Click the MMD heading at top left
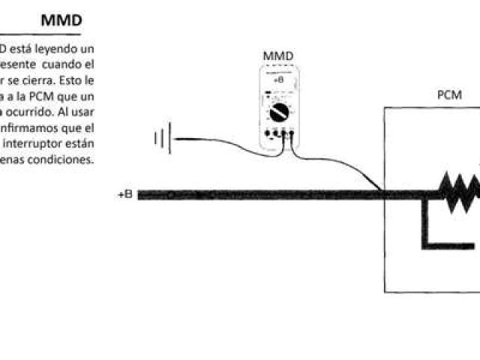[61, 20]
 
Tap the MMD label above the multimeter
[277, 55]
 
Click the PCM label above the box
[449, 95]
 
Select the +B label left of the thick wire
[125, 194]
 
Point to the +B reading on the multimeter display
[278, 78]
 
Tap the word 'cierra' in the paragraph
[43, 78]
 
